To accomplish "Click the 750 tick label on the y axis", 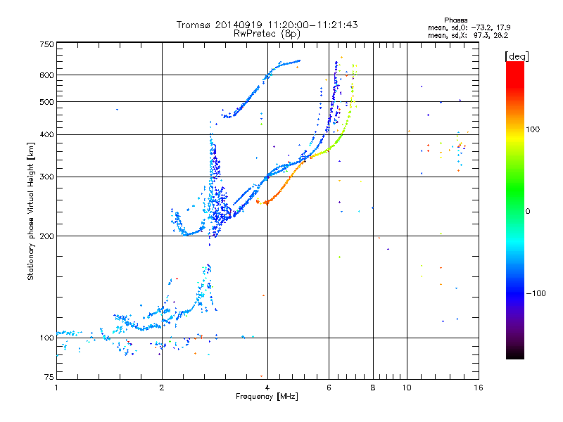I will coord(46,44).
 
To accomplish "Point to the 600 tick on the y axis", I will coord(46,75).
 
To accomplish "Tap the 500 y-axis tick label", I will coord(46,102).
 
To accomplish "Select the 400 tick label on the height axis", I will coord(46,134).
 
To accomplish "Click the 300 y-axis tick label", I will coord(46,177).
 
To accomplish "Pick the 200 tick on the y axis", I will coord(46,236).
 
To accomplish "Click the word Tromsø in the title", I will coord(195,25).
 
